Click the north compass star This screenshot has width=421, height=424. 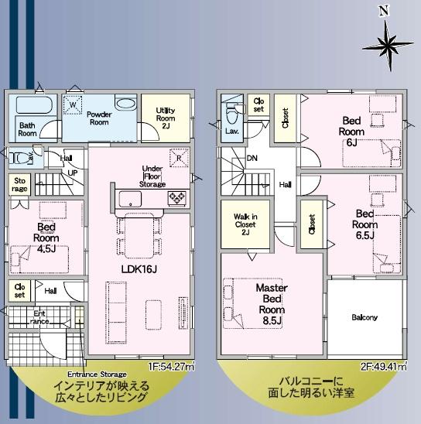(388, 46)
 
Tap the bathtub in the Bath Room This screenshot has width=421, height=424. (34, 104)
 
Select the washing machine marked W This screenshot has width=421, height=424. (73, 105)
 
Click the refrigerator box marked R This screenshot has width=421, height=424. (179, 158)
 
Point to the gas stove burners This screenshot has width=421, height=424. (177, 199)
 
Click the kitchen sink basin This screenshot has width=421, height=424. (130, 199)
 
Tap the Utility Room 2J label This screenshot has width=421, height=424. (166, 118)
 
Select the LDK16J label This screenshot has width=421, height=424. (139, 269)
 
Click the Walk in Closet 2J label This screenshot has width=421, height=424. (245, 224)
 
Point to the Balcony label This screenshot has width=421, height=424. (365, 317)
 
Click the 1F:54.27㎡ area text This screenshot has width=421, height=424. (171, 367)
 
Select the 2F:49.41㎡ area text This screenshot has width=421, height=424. (384, 367)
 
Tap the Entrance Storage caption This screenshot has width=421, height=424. (97, 374)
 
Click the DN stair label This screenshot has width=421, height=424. (252, 158)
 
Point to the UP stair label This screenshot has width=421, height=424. (73, 173)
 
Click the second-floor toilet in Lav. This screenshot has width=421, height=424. (231, 114)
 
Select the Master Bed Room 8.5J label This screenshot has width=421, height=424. (272, 304)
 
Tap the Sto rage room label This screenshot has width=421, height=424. (20, 185)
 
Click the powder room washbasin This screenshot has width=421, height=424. (126, 103)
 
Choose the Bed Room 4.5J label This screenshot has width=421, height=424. (46, 238)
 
